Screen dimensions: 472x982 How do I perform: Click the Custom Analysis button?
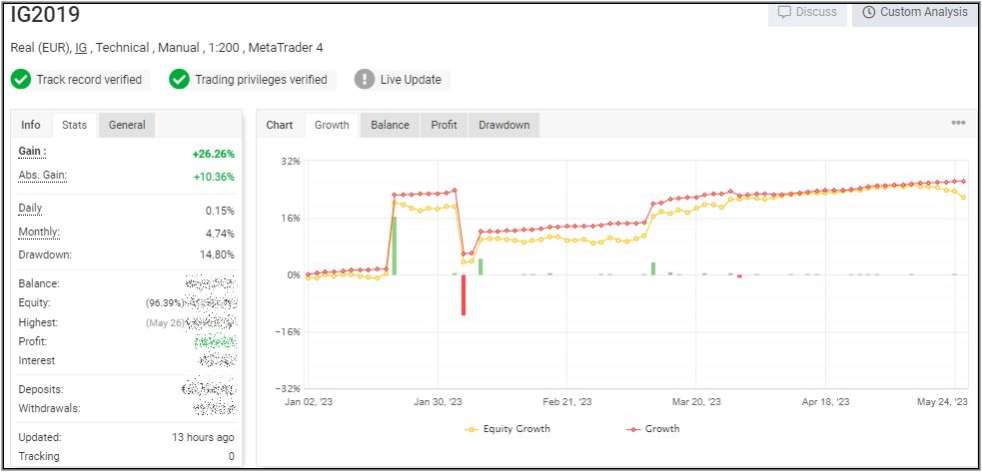[x=914, y=13]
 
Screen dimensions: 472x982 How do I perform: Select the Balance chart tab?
[x=390, y=125]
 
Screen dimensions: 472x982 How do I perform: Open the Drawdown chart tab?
[x=503, y=125]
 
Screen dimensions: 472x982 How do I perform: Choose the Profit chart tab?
[x=444, y=125]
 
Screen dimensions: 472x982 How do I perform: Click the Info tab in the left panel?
[x=31, y=125]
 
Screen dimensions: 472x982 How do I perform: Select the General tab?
[x=127, y=125]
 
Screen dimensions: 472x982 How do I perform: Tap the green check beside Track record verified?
[x=21, y=79]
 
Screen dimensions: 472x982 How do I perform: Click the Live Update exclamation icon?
[x=365, y=79]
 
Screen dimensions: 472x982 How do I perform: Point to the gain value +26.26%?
[x=213, y=155]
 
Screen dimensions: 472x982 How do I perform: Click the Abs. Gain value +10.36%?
[x=213, y=177]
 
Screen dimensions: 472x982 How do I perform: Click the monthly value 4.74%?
[x=220, y=233]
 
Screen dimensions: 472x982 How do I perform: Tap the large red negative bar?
[x=464, y=294]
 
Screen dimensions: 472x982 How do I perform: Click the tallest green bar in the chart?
[x=395, y=244]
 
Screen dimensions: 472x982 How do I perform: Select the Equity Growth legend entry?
[x=508, y=429]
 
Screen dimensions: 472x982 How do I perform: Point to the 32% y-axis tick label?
[x=290, y=161]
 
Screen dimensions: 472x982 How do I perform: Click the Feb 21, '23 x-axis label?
[x=567, y=401]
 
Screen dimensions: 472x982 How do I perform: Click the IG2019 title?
[x=46, y=15]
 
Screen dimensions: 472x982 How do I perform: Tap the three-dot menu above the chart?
[x=958, y=123]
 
